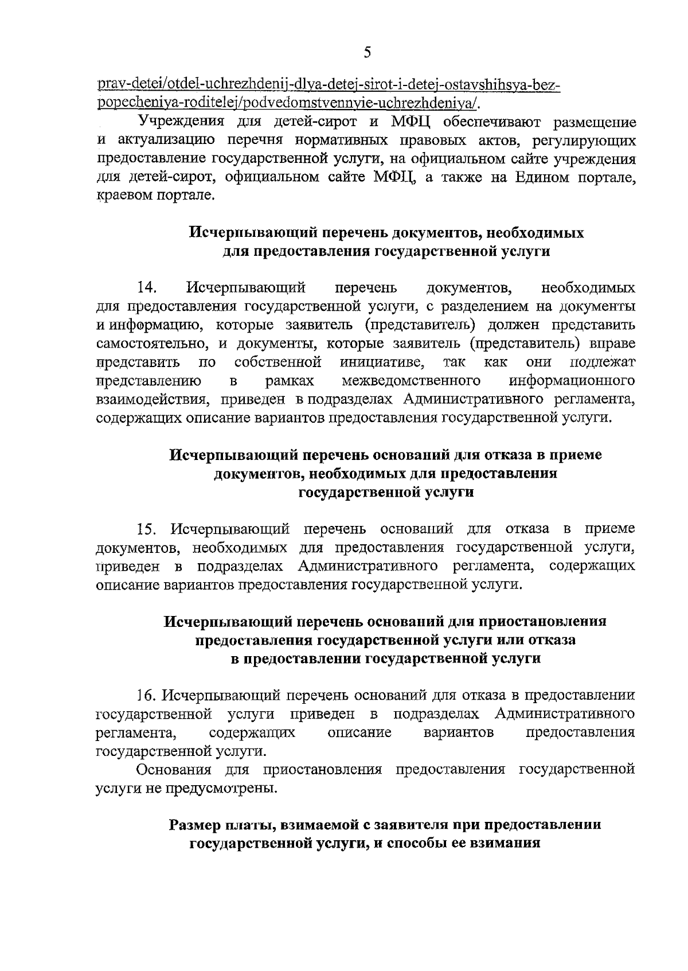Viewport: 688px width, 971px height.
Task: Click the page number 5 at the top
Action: coord(368,53)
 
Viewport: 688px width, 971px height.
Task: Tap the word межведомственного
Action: coord(411,381)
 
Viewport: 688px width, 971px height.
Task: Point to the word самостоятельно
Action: coord(151,344)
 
